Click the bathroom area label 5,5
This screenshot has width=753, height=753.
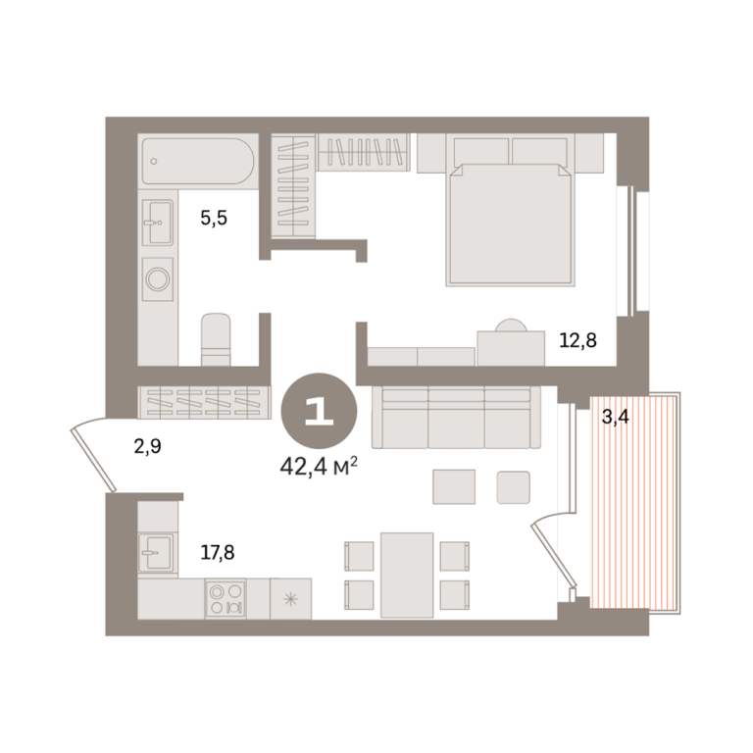[214, 219]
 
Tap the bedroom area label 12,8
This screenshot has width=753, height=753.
[577, 340]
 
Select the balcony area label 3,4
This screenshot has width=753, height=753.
[615, 418]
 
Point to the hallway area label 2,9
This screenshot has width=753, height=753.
[147, 447]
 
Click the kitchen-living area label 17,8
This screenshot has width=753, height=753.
[218, 553]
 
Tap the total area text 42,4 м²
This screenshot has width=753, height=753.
[319, 466]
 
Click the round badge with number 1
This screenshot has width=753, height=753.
[319, 411]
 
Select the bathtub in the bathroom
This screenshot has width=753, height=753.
[198, 162]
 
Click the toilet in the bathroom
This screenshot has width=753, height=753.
[216, 339]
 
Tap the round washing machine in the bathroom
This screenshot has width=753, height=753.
[158, 279]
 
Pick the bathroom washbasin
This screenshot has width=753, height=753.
[158, 223]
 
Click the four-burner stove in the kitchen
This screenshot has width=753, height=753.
[226, 598]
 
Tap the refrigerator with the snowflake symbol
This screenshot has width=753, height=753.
[290, 599]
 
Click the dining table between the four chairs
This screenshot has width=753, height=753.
[407, 575]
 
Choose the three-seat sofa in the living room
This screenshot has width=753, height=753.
[456, 418]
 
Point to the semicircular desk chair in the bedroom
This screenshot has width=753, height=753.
[511, 326]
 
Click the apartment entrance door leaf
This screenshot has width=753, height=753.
[94, 460]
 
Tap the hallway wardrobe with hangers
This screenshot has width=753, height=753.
[204, 402]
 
